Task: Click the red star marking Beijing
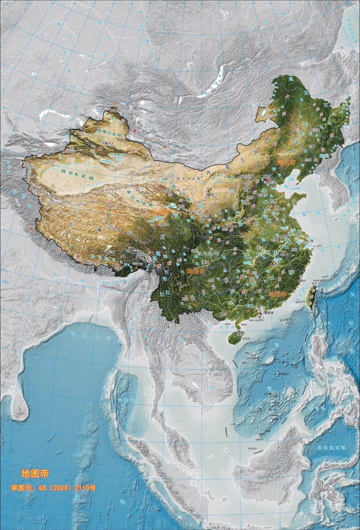[x=267, y=179]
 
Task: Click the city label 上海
[x=311, y=240]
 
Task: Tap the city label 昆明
[x=186, y=299]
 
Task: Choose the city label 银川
[x=213, y=194]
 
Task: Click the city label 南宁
[x=224, y=314]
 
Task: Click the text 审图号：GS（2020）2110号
[x=53, y=488]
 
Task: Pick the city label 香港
[x=269, y=313]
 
